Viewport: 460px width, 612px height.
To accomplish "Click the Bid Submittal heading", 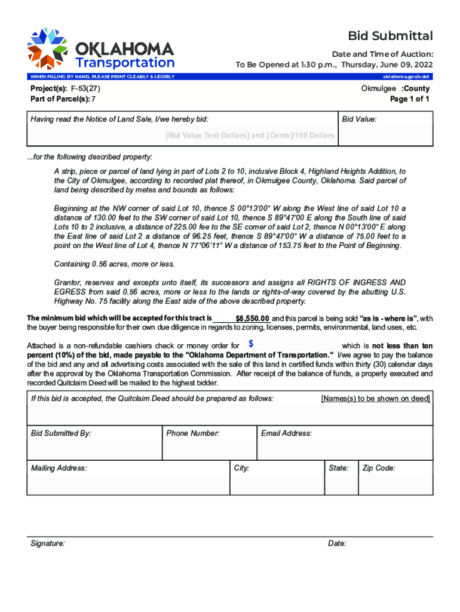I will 391,36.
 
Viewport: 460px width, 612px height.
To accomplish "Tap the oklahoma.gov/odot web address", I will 406,76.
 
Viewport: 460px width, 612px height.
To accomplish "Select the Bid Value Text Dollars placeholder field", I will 250,136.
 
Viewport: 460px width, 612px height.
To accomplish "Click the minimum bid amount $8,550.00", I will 253,319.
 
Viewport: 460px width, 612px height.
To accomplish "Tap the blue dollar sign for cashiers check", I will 251,344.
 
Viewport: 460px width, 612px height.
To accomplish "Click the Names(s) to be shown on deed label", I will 375,399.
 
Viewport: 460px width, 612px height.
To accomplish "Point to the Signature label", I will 48,544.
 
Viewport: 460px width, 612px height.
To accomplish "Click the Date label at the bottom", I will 337,544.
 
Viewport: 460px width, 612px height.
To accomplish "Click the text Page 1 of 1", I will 409,99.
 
